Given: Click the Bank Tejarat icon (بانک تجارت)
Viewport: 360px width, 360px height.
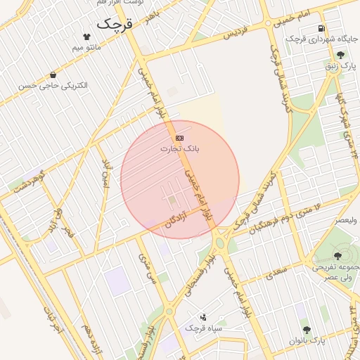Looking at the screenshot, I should (x=180, y=138).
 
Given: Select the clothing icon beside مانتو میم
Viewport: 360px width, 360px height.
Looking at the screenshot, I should (x=86, y=36).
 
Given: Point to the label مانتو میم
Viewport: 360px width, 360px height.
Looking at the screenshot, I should (x=87, y=48).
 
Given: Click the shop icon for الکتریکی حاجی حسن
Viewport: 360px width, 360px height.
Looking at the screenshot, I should (x=53, y=75).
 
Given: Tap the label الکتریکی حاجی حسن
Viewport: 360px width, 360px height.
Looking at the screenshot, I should (x=54, y=86).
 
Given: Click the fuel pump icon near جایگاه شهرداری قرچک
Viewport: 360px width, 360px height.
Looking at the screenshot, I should (x=321, y=28).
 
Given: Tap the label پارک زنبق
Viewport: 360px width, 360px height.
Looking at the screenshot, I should (x=342, y=66).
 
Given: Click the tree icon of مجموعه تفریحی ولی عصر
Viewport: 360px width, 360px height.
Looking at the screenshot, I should (x=337, y=256).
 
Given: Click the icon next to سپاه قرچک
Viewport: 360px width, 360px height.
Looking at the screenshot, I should (x=204, y=317).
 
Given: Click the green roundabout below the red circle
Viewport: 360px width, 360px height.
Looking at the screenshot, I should (x=219, y=243).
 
